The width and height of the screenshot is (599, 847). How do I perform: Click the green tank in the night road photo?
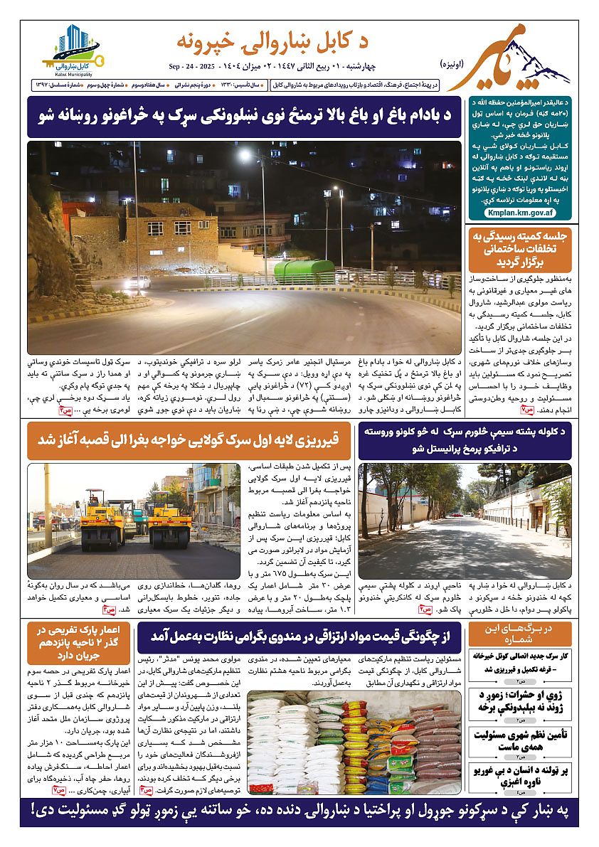click(304, 271)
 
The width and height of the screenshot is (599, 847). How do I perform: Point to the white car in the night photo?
click(137, 282)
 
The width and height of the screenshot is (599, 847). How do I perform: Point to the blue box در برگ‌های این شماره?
click(519, 634)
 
